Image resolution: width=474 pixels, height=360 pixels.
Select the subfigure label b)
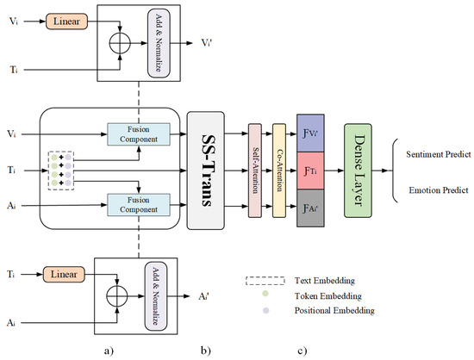(x=205, y=348)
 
